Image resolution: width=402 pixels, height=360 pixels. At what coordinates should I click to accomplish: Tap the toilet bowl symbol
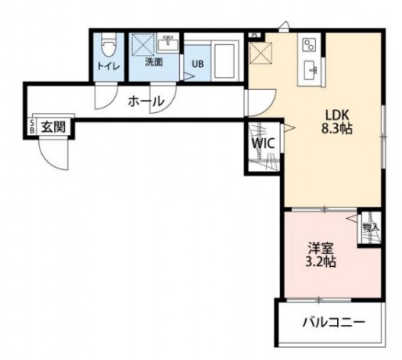pyautogui.click(x=108, y=47)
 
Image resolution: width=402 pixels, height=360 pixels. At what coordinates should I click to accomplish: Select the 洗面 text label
pyautogui.click(x=153, y=62)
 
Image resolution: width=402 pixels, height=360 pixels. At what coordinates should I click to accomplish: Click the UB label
pyautogui.click(x=197, y=64)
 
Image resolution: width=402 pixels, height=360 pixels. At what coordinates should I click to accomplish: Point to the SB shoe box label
pyautogui.click(x=32, y=127)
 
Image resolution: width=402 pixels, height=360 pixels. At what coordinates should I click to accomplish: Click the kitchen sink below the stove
pyautogui.click(x=311, y=69)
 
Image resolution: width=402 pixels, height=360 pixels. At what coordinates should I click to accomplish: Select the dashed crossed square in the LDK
pyautogui.click(x=260, y=54)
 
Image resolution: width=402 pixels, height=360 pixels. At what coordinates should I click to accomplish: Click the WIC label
pyautogui.click(x=264, y=142)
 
